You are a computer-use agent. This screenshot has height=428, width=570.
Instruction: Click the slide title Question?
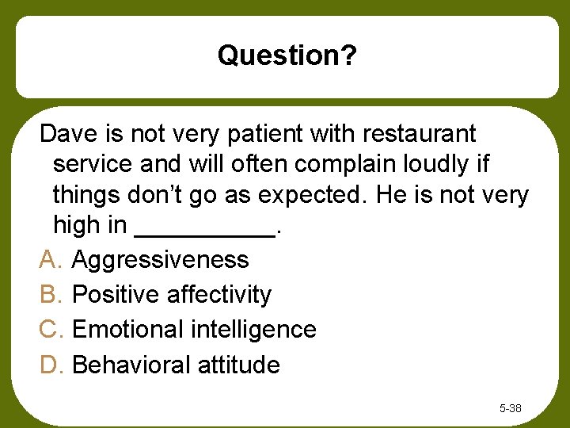(x=287, y=55)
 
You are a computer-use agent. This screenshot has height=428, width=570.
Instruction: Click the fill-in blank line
(x=206, y=233)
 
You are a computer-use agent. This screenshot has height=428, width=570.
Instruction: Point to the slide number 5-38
(x=510, y=409)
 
